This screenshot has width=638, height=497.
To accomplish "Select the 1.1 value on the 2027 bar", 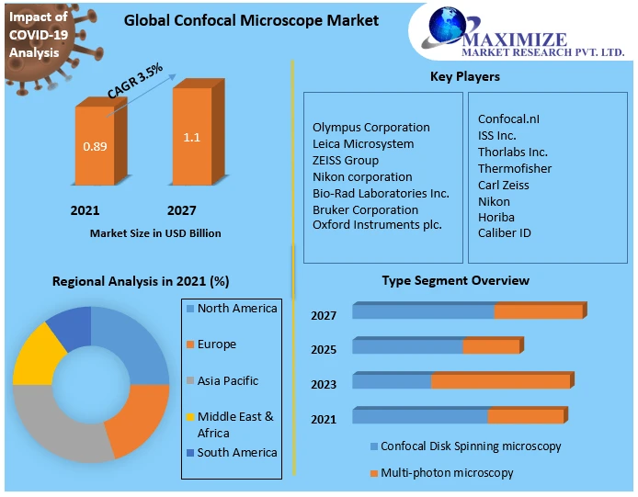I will pos(192,138).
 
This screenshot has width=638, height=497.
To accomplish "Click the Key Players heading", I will pos(465,76).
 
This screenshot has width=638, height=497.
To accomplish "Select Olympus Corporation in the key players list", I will pos(370,128).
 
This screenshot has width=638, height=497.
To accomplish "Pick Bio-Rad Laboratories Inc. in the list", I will pos(381,193).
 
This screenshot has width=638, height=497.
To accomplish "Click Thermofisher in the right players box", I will pos(515,169).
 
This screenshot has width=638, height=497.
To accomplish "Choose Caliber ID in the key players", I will pos(505,233).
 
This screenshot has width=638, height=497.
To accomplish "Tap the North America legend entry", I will pos(236,309).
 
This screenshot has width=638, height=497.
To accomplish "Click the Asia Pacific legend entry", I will pos(227,380).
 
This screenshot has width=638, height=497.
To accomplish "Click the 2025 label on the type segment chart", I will pos(324,350).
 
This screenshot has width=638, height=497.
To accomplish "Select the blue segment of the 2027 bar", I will pos(423,312).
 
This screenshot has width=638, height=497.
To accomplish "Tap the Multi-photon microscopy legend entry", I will pos(447,473).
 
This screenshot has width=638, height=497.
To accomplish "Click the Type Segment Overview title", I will pos(455,280).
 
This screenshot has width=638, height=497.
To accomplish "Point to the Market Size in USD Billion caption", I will pos(155,233).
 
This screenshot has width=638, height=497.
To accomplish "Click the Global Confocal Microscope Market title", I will pos(251,20).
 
